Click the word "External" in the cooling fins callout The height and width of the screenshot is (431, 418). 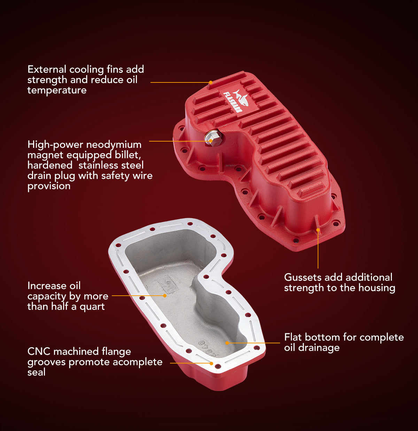47,69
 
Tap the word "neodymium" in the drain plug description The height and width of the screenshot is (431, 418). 114,145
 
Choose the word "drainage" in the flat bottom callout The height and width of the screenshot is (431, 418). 319,348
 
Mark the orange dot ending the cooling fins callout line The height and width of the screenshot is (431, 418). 211,82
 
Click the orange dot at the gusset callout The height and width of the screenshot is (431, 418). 318,230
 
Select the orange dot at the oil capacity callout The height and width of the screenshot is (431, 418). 165,295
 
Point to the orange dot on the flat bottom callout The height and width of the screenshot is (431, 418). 227,343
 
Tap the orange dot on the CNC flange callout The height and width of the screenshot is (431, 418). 211,363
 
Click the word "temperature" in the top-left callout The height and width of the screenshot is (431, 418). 57,90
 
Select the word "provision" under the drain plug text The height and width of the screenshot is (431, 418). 49,186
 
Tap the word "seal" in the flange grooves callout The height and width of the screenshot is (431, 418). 36,372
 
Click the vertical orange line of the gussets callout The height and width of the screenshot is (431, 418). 318,249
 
